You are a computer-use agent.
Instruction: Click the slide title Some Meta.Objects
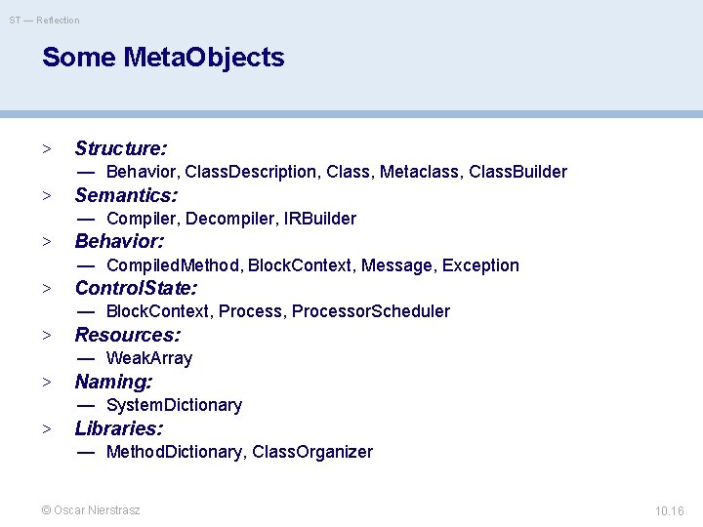(x=163, y=58)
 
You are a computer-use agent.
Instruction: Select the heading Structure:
(x=121, y=148)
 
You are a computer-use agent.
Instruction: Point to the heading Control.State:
(x=136, y=288)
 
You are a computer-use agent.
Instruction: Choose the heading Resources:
(x=128, y=335)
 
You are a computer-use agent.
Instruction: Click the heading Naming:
(x=113, y=382)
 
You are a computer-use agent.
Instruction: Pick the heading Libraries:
(x=119, y=428)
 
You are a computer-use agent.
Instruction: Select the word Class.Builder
(x=517, y=172)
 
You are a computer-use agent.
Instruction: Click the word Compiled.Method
(x=174, y=265)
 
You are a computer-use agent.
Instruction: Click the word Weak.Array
(x=148, y=358)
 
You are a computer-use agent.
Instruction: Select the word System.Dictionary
(x=174, y=405)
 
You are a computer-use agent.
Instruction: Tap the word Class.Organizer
(x=311, y=452)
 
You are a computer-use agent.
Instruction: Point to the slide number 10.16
(x=669, y=511)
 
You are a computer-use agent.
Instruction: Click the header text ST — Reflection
(x=45, y=20)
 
